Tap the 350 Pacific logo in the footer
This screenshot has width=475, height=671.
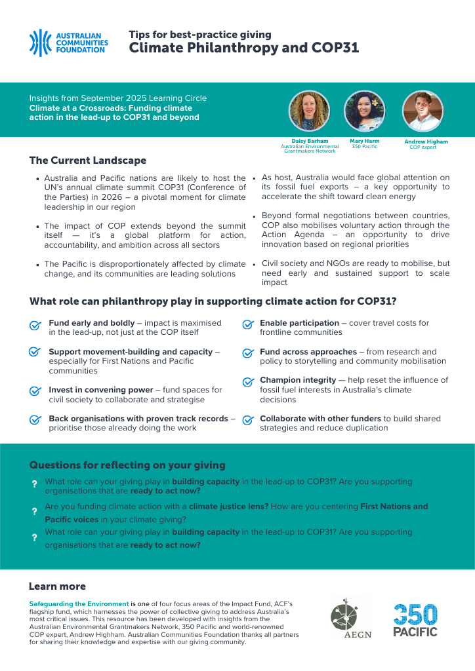[x=415, y=619]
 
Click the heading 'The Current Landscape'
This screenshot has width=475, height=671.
[x=88, y=161]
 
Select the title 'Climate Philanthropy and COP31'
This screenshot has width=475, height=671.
[x=243, y=48]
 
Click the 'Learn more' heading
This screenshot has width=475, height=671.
[x=57, y=586]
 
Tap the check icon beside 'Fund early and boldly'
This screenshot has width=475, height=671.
[x=35, y=326]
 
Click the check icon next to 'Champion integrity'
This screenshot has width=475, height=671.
[x=248, y=382]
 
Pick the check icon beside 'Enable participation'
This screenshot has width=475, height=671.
[x=248, y=325]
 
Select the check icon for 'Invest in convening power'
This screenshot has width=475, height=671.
[x=35, y=391]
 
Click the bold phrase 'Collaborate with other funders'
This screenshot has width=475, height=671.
[x=320, y=419]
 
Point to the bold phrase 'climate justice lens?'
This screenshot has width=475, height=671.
[x=228, y=507]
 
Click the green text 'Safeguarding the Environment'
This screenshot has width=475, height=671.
[x=79, y=603]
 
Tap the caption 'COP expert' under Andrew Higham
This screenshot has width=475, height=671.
[x=423, y=147]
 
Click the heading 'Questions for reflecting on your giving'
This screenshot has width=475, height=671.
[x=127, y=465]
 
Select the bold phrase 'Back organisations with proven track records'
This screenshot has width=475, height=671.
[x=138, y=419]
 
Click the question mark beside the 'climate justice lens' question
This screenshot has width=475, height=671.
[x=34, y=511]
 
